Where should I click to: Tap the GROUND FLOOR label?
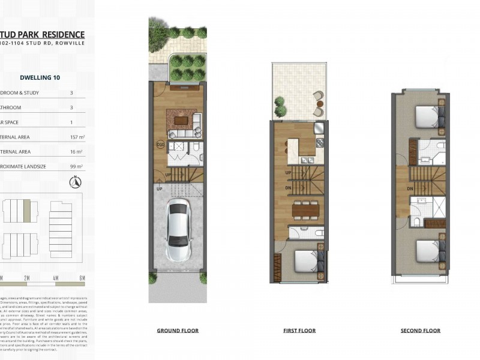tap(178, 331)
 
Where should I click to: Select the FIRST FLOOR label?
tap(300, 331)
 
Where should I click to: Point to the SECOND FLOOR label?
tap(421, 331)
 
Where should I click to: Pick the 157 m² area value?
tap(76, 137)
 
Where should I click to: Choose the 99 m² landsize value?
tap(77, 166)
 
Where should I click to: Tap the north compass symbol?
tap(76, 182)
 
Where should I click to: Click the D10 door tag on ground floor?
tap(160, 145)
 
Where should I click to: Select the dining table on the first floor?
tap(301, 209)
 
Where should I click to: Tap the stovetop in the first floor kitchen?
tap(320, 144)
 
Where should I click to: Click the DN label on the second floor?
tap(410, 188)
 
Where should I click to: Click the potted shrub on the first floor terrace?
tap(280, 106)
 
